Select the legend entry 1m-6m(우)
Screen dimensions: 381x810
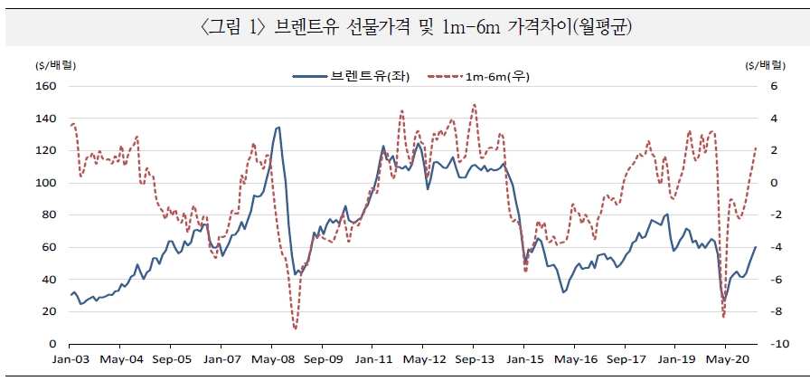(x=496, y=77)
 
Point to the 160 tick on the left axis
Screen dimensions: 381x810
(x=45, y=86)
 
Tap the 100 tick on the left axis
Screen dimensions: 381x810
(x=45, y=183)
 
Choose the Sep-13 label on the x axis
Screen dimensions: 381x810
(x=473, y=358)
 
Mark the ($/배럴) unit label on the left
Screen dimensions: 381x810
(x=56, y=65)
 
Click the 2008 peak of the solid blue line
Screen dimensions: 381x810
(x=278, y=128)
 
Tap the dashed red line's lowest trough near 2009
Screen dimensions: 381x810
(x=295, y=329)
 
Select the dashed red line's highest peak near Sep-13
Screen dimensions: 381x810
(x=474, y=105)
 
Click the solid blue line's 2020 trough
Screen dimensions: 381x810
(x=723, y=300)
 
